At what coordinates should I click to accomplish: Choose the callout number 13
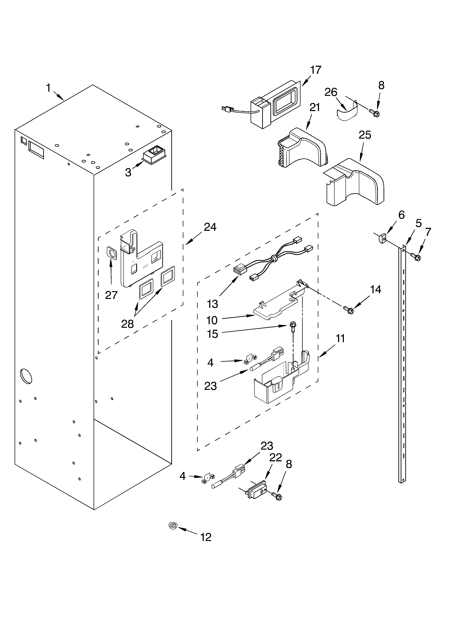coord(212,304)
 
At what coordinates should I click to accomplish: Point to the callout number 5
coord(418,223)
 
